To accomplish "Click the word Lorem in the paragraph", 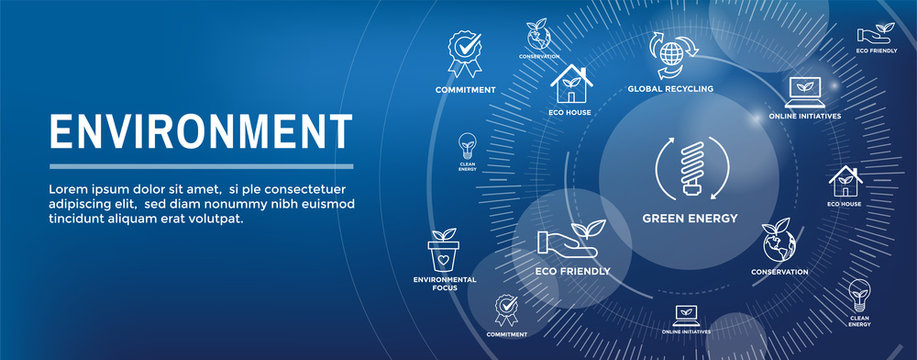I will pyautogui.click(x=69, y=189).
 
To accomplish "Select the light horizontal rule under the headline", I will pyautogui.click(x=200, y=166).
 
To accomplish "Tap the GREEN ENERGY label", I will pyautogui.click(x=690, y=218).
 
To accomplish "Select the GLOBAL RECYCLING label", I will pyautogui.click(x=670, y=89).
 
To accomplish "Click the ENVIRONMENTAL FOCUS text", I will pyautogui.click(x=435, y=283).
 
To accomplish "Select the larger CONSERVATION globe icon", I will pyautogui.click(x=780, y=242).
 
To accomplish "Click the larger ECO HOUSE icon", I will pyautogui.click(x=571, y=84).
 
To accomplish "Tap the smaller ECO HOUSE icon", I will pyautogui.click(x=844, y=182).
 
